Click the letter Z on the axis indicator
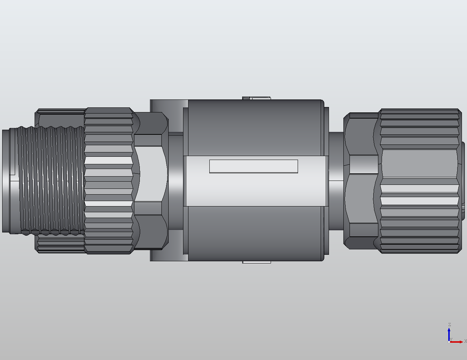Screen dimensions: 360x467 tap(449, 325)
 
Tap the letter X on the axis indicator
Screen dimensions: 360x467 tap(465, 341)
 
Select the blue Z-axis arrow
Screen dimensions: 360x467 tap(449, 333)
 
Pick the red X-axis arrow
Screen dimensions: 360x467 tap(457, 342)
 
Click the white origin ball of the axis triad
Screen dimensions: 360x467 tap(449, 342)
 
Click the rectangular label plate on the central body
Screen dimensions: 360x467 tap(253, 166)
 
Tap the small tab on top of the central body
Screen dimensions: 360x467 tap(256, 98)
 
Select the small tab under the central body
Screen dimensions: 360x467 tap(256, 262)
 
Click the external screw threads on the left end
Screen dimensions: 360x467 tap(50, 180)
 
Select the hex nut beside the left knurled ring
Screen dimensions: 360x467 tap(150, 180)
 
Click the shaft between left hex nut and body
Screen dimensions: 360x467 tap(175, 180)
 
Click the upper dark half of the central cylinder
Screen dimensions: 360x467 tap(254, 128)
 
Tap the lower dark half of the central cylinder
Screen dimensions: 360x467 tap(254, 232)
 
